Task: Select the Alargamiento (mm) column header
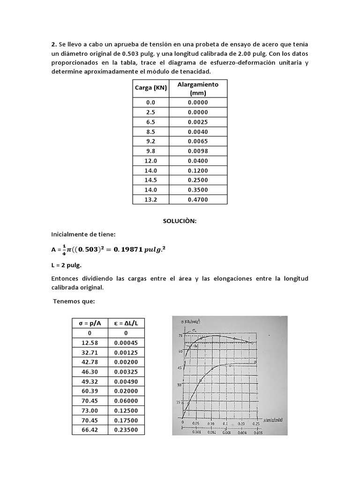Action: (198, 89)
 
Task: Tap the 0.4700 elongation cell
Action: (198, 200)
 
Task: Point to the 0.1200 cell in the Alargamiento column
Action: (198, 171)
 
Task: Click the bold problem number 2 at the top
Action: (53, 45)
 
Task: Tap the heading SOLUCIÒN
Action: (180, 221)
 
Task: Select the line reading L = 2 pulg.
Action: (67, 265)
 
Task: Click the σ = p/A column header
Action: (90, 323)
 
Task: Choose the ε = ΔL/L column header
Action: (126, 323)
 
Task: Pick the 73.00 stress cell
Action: (90, 410)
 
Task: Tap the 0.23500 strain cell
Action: (126, 430)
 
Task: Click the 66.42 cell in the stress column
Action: (90, 430)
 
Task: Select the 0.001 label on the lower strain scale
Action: (197, 432)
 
